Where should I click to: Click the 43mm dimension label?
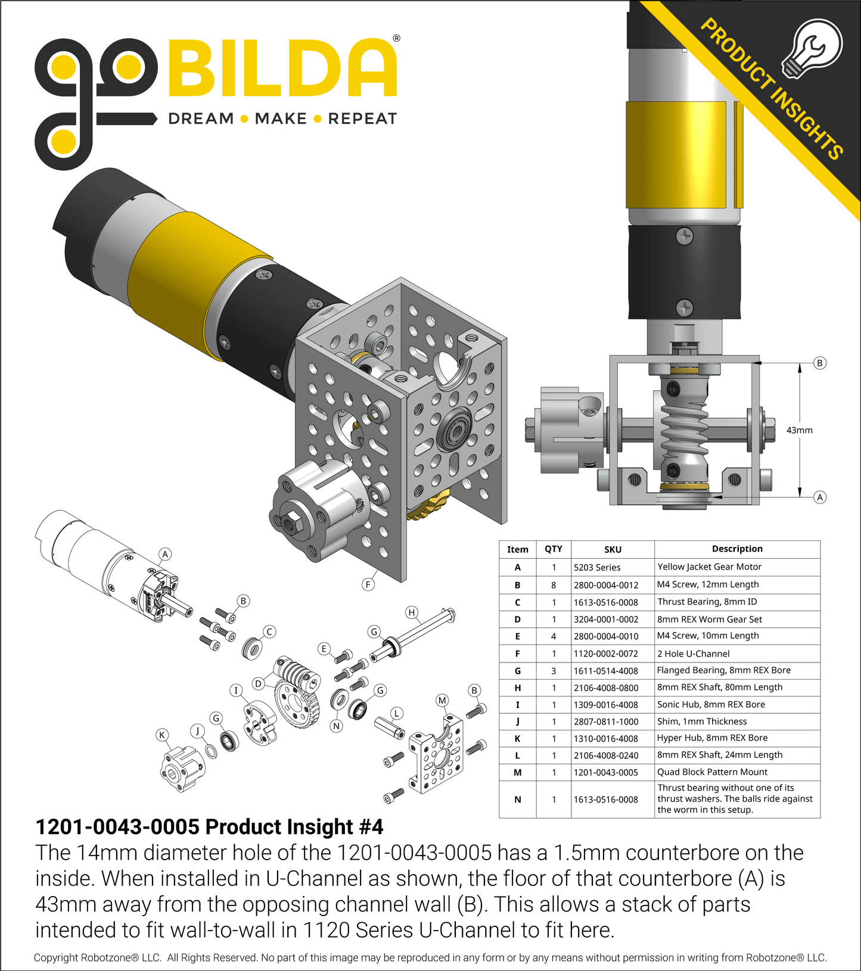pyautogui.click(x=799, y=430)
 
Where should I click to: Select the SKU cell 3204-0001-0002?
pyautogui.click(x=606, y=620)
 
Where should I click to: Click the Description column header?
pyautogui.click(x=737, y=549)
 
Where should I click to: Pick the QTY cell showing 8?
pyautogui.click(x=554, y=585)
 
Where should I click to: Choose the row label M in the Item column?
pyautogui.click(x=517, y=773)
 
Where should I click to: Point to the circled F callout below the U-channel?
pyautogui.click(x=368, y=584)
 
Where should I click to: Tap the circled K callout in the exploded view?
pyautogui.click(x=162, y=735)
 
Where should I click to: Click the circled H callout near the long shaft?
pyautogui.click(x=411, y=612)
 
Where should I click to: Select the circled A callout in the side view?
pyautogui.click(x=820, y=497)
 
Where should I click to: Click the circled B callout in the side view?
pyautogui.click(x=820, y=363)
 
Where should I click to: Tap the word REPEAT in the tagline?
pyautogui.click(x=362, y=119)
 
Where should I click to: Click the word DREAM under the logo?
pyautogui.click(x=201, y=119)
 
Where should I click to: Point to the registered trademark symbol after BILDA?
pyautogui.click(x=396, y=39)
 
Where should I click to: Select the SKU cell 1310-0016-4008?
pyautogui.click(x=606, y=739)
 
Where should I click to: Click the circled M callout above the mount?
pyautogui.click(x=442, y=700)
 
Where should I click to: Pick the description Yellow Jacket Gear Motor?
pyautogui.click(x=709, y=567)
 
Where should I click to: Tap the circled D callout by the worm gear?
pyautogui.click(x=258, y=683)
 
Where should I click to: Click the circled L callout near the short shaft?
pyautogui.click(x=396, y=713)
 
